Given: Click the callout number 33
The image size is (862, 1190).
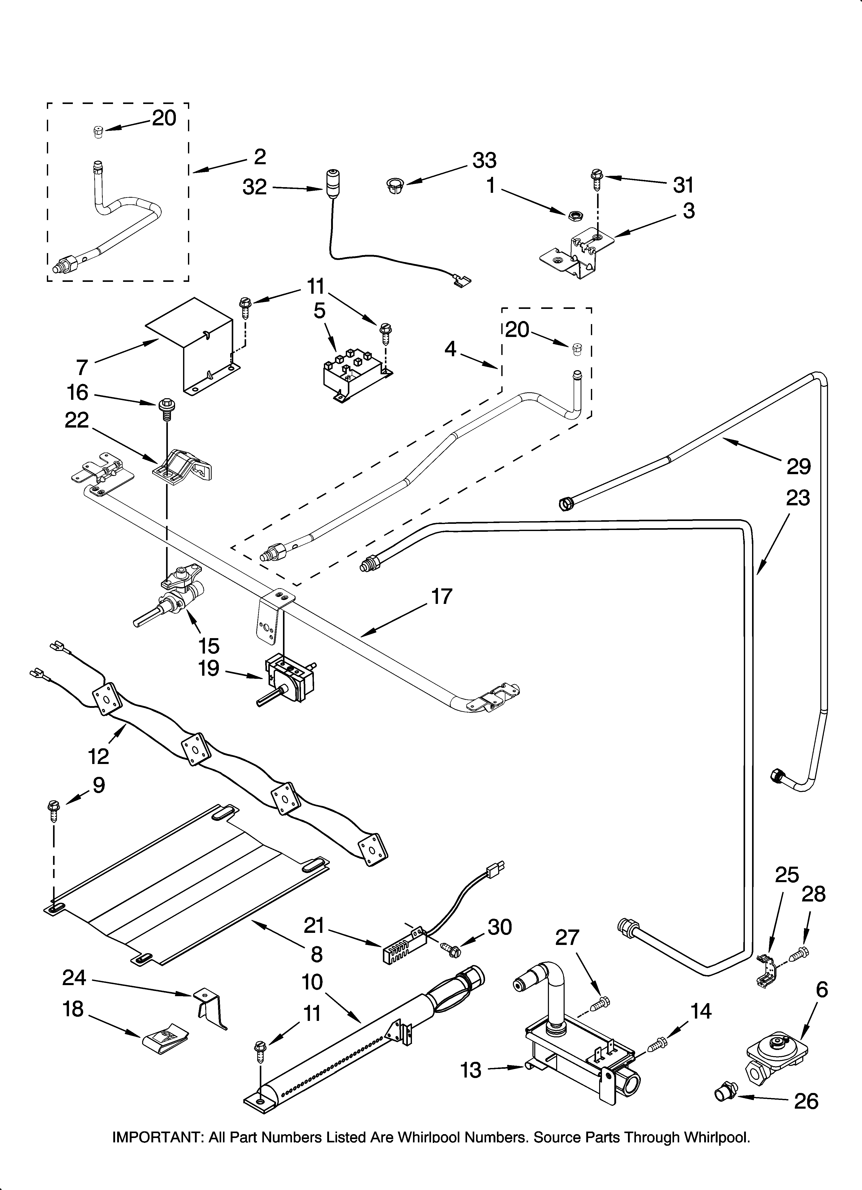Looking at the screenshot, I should tap(484, 161).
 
